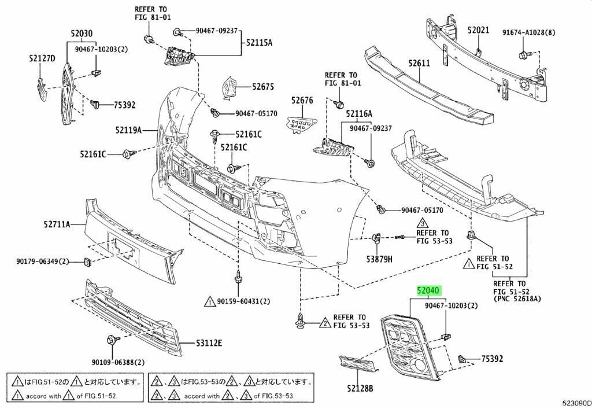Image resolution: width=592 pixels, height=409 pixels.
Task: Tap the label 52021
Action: tap(478, 30)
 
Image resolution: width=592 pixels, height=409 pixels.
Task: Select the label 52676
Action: tap(302, 100)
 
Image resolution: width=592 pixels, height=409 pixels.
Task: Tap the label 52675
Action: tap(262, 87)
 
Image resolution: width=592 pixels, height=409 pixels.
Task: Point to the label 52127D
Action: tap(42, 58)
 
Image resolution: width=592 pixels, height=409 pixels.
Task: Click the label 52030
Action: tap(82, 34)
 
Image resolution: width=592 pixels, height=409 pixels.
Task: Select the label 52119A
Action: tap(128, 131)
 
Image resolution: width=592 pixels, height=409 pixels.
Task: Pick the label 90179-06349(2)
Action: tap(42, 262)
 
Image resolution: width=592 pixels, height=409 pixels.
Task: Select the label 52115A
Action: tap(259, 42)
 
